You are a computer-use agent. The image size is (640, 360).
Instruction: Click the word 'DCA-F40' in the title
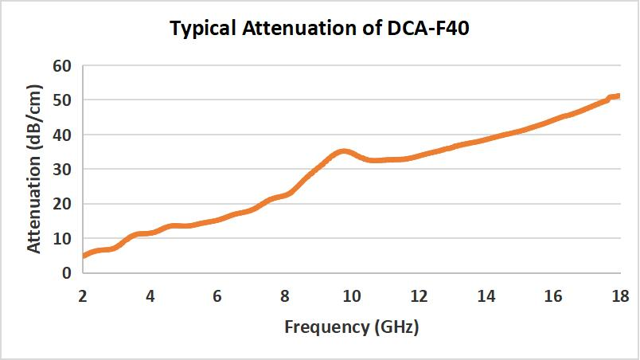[x=430, y=30]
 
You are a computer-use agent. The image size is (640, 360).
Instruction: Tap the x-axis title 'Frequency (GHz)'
[x=351, y=326]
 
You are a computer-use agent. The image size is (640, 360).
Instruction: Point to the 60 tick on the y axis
[x=62, y=65]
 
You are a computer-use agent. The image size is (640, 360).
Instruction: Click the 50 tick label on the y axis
[x=62, y=100]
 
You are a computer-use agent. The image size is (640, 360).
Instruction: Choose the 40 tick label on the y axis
[x=62, y=135]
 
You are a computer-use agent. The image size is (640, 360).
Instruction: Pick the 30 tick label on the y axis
[x=62, y=169]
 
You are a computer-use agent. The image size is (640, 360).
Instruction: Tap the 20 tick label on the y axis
[x=62, y=204]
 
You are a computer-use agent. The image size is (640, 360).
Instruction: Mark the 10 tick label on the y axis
[x=62, y=238]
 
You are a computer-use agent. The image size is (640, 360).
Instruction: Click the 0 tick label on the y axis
[x=67, y=272]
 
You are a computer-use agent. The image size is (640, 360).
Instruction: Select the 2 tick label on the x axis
[x=83, y=296]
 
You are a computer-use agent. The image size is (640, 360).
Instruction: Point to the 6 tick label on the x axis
[x=217, y=296]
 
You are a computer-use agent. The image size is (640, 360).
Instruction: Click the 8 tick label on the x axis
[x=284, y=296]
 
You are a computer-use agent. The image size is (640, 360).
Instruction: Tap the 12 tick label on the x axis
[x=419, y=296]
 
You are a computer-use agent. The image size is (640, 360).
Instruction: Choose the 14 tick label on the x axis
[x=486, y=296]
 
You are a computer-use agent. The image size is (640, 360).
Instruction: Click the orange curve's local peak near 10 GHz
[x=343, y=151]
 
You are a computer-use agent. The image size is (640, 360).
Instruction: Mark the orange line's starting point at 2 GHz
[x=84, y=256]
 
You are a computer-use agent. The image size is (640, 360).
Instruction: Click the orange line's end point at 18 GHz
[x=619, y=96]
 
